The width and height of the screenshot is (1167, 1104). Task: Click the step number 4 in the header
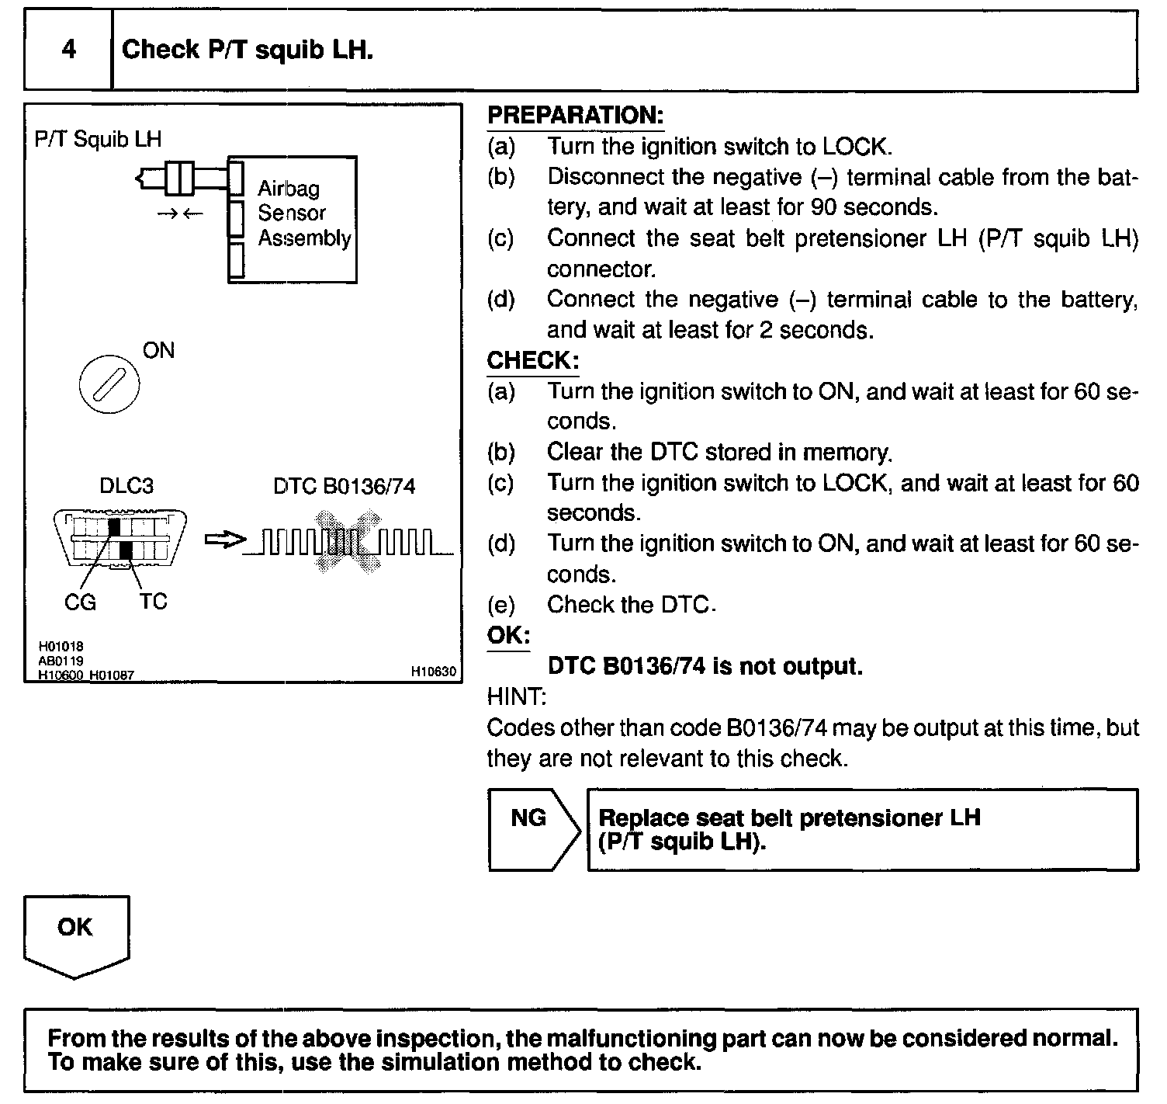click(x=69, y=50)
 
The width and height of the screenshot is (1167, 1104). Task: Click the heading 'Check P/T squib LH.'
click(x=248, y=50)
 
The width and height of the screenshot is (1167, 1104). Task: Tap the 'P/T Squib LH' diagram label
click(x=98, y=139)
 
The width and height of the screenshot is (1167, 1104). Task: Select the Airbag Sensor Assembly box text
click(x=303, y=213)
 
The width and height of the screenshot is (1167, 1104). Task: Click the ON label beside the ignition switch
click(x=158, y=351)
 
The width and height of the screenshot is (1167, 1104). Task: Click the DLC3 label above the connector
click(x=126, y=486)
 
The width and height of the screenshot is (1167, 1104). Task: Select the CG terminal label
click(x=80, y=602)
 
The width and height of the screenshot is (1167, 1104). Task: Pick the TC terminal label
click(x=154, y=602)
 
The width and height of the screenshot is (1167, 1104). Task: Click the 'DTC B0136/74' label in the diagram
click(x=344, y=487)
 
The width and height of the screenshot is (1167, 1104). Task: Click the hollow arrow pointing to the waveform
click(x=225, y=540)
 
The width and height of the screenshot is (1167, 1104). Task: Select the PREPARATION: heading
click(x=575, y=116)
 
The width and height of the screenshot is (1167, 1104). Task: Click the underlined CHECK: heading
click(x=532, y=360)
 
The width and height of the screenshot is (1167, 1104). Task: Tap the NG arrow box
click(x=533, y=829)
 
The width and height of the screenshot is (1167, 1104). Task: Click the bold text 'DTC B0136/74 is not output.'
click(x=705, y=666)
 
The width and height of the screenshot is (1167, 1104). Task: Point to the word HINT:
click(x=516, y=697)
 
